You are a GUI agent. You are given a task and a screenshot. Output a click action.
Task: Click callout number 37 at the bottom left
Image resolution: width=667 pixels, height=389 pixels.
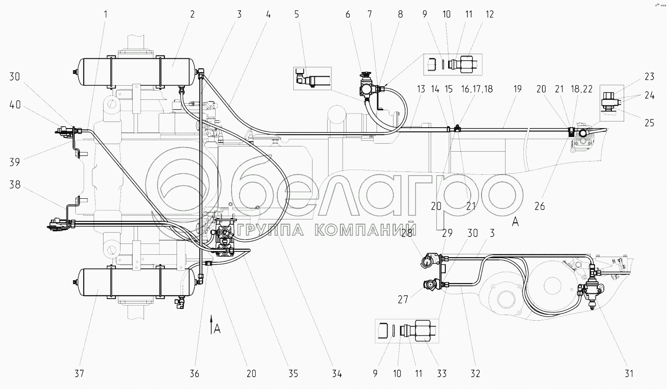click(x=79, y=373)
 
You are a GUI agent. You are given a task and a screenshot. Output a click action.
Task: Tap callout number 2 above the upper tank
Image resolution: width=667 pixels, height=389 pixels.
click(x=192, y=14)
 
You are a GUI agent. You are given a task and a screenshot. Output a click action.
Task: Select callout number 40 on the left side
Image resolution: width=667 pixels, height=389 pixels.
click(x=15, y=105)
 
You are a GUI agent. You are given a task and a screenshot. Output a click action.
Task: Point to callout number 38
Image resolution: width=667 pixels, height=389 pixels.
click(x=15, y=185)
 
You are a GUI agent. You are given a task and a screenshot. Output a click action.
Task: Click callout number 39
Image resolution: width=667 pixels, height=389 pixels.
click(x=15, y=162)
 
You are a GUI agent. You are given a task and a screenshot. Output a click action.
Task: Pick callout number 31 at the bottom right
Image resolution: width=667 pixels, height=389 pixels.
click(x=628, y=373)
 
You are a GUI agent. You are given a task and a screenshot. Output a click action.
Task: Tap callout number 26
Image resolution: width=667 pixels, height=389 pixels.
click(x=539, y=206)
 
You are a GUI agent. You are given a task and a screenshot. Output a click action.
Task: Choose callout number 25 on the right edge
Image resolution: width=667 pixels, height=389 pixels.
click(x=650, y=123)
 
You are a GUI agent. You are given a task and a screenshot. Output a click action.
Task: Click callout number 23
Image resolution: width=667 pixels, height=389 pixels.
click(x=650, y=77)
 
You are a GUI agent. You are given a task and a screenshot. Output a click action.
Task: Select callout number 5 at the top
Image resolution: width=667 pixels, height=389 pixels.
click(x=297, y=14)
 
